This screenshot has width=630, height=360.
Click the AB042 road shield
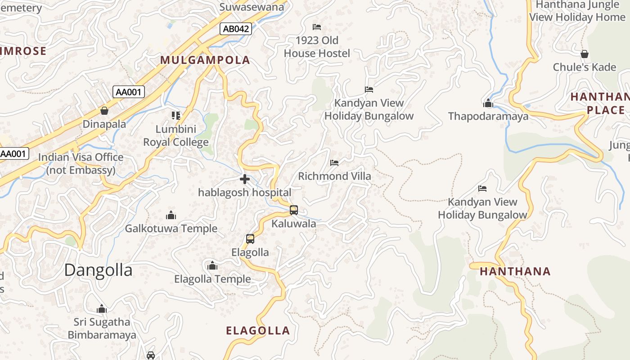pos(236,29)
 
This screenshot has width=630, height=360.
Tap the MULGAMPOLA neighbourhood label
pos(205,60)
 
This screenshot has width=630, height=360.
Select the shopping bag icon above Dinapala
pos(104,110)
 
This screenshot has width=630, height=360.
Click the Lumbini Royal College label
pos(176,136)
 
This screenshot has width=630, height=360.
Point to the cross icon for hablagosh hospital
pos(245,180)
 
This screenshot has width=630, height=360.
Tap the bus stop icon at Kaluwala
pos(293,210)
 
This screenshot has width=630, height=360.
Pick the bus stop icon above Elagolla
pos(250,239)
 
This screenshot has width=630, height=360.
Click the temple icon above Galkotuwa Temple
pos(171,215)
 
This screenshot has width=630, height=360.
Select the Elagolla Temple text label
pos(212,279)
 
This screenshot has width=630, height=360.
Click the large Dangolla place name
pos(98,270)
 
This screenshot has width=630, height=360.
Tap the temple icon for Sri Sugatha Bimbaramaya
pos(102,309)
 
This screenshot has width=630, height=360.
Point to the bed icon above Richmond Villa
pos(334,162)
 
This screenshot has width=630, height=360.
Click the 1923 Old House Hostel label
pos(317,47)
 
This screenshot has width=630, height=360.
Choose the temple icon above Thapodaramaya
pos(488,103)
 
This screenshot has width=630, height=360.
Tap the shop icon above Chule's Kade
pos(584,54)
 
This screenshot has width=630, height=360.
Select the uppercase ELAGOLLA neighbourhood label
pos(258,331)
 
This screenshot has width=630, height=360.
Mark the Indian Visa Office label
pos(81,164)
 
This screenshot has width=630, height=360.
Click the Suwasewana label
pos(252,7)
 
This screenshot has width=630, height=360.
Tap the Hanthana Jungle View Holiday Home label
pos(577,11)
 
